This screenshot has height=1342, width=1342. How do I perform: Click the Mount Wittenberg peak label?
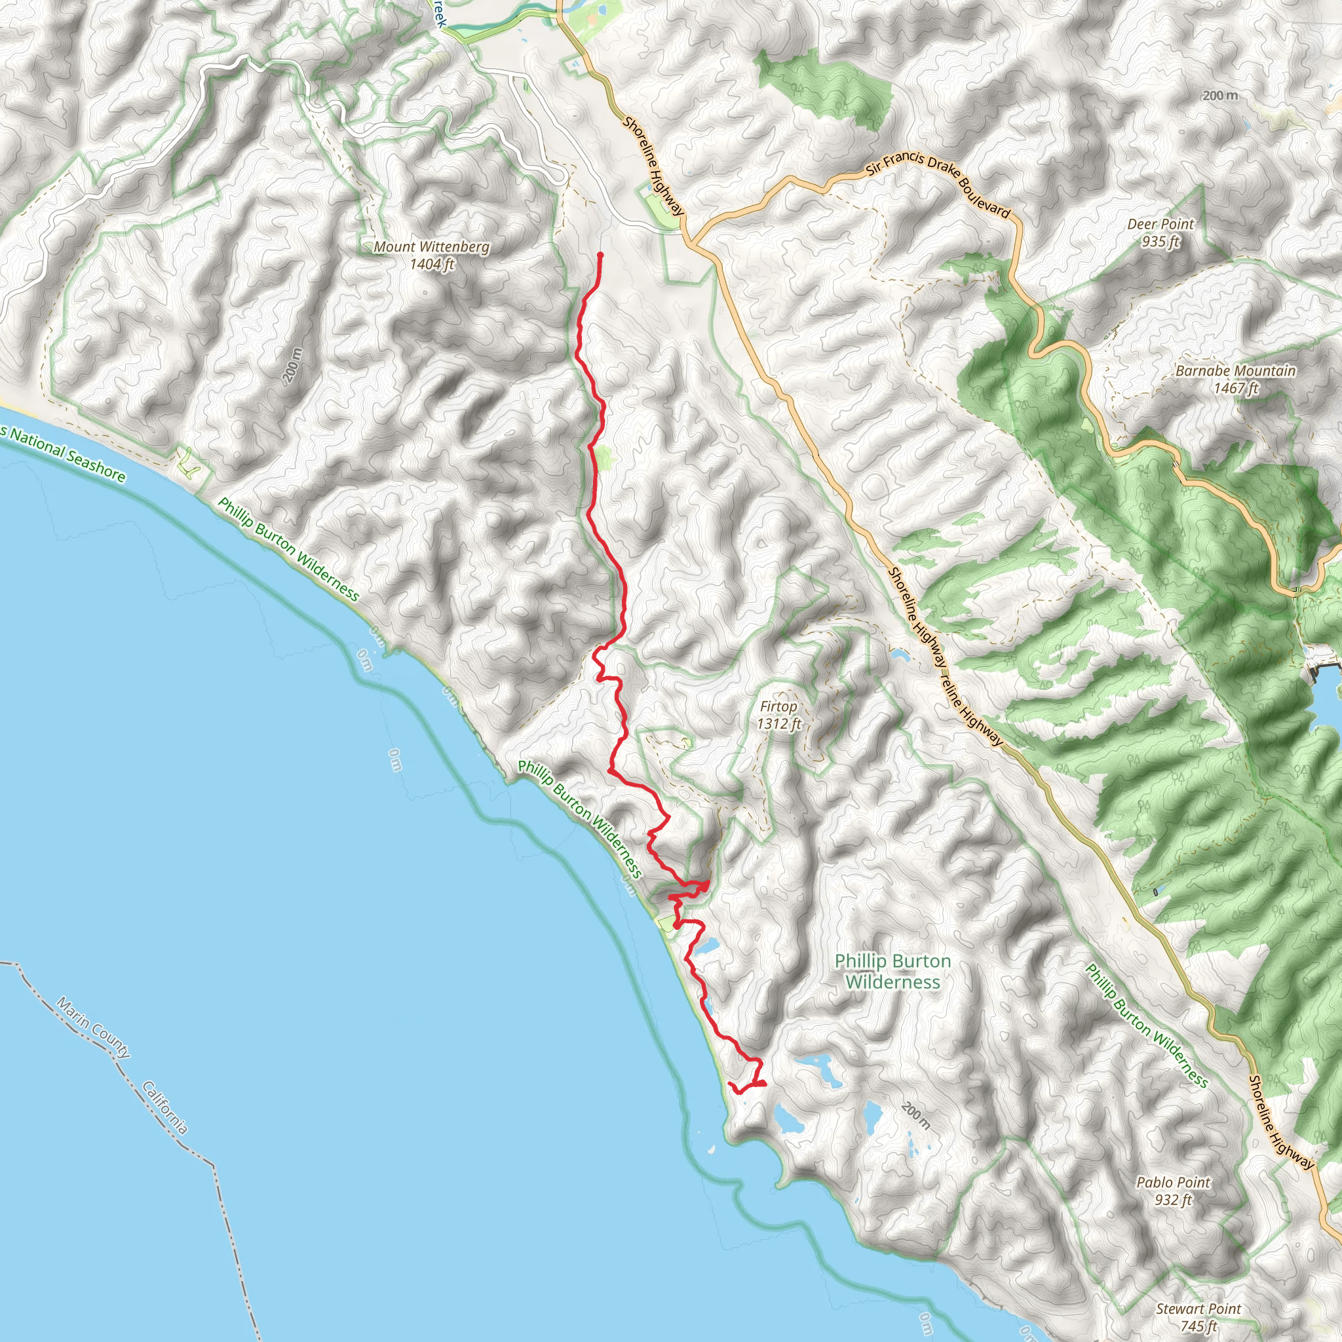tap(431, 255)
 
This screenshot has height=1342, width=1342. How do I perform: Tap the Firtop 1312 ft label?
tap(778, 715)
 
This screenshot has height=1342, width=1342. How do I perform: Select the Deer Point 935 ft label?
tap(1160, 233)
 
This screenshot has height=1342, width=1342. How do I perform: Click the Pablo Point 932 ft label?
tap(1173, 1191)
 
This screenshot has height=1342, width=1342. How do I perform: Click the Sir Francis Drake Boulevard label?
tap(938, 182)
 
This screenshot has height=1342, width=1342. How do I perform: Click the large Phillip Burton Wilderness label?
tap(892, 971)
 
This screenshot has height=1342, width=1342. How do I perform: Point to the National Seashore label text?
tap(66, 454)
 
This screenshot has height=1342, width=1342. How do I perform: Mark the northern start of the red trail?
tap(600, 256)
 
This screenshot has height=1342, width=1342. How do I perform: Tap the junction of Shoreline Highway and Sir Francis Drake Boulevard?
tap(692, 243)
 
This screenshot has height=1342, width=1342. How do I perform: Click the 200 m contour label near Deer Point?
tap(1220, 95)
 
